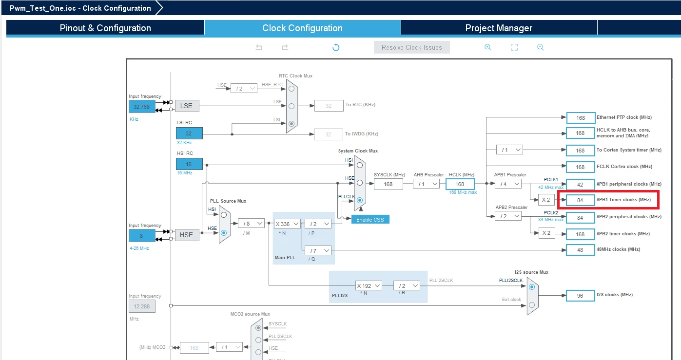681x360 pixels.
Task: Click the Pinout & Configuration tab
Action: (105, 28)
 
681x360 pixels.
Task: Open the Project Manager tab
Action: (499, 28)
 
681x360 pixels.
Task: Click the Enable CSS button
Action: (370, 219)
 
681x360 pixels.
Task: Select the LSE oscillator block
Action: (187, 106)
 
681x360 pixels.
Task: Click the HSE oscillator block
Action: (187, 235)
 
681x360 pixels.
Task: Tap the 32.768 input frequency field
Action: (142, 107)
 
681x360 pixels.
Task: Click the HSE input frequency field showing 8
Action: (142, 236)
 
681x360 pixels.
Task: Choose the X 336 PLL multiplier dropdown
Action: (287, 224)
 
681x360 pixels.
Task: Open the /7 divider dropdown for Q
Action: (318, 250)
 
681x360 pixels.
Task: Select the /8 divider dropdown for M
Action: (251, 224)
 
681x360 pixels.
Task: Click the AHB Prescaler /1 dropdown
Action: (426, 184)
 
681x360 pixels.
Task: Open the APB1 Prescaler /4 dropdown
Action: (508, 184)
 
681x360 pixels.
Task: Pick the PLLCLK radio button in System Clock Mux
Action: (360, 200)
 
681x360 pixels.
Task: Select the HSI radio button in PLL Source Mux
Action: (224, 215)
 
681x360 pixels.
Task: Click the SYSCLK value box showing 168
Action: (388, 184)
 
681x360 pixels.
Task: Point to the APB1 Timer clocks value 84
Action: (580, 200)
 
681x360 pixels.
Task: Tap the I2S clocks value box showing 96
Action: (580, 296)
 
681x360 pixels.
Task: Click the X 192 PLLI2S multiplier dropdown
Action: (369, 286)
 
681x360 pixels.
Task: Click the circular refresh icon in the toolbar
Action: (336, 47)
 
